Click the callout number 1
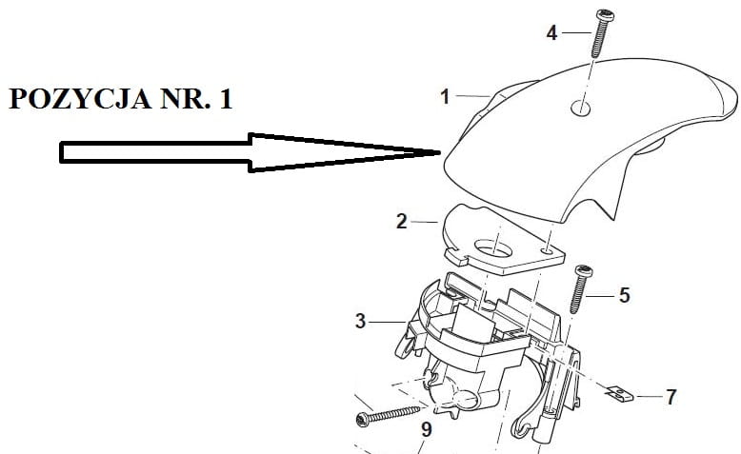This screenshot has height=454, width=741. coord(444,95)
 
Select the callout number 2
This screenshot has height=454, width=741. coord(401,221)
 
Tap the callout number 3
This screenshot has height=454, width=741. coord(360,322)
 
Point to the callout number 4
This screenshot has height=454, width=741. coord(551,32)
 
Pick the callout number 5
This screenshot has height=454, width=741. coord(624,295)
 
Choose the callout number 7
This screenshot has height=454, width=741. coord(671,397)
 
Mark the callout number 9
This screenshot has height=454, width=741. coord(425,430)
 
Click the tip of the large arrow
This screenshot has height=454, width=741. coord(439,152)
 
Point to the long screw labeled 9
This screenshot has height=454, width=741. coord(391,414)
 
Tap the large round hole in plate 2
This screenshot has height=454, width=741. coord(495,248)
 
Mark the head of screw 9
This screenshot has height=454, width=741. coord(362,419)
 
